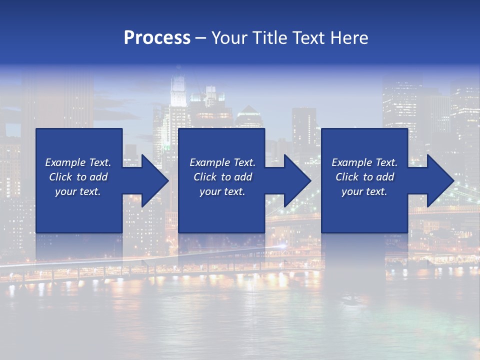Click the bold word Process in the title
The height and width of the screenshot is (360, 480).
(157, 38)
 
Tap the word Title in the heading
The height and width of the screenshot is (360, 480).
(269, 38)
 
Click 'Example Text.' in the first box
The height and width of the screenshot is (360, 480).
(78, 162)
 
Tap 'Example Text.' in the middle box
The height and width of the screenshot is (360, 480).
(222, 162)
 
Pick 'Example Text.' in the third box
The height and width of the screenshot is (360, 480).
(364, 162)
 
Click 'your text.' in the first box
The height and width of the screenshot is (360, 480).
(78, 191)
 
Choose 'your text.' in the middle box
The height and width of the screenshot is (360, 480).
(222, 191)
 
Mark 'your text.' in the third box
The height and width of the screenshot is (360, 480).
(364, 191)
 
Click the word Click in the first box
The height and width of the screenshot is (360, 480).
(60, 177)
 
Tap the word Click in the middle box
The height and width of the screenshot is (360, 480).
(205, 177)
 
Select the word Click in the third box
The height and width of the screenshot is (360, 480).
(347, 177)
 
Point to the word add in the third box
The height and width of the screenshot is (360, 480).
(384, 177)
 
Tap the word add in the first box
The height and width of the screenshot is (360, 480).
(98, 177)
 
